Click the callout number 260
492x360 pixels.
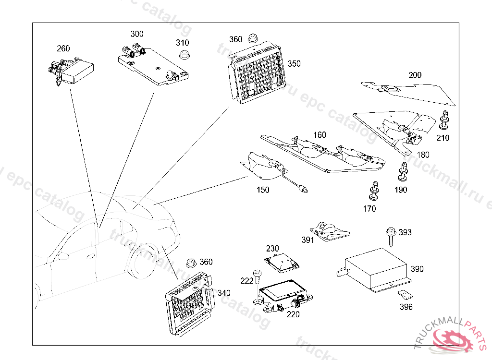[63, 48]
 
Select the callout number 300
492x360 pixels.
[137, 34]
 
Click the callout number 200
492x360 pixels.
[415, 75]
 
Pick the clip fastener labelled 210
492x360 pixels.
[444, 121]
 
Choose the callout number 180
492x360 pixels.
[423, 155]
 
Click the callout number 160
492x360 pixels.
[320, 135]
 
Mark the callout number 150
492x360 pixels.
[263, 190]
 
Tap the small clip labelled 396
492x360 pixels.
[404, 296]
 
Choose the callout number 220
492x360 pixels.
[293, 314]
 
